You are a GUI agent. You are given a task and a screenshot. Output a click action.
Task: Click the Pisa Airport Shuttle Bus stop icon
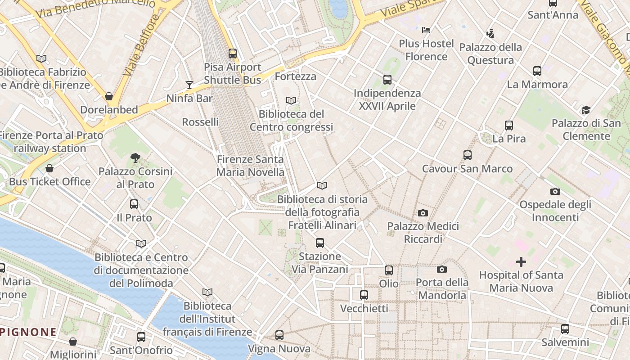coord(232,53)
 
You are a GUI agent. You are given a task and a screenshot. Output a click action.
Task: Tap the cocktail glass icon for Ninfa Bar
coord(189,85)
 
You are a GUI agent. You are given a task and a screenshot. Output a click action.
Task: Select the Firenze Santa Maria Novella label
coord(250,166)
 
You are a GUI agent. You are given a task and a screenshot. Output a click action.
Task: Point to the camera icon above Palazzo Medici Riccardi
coord(423,213)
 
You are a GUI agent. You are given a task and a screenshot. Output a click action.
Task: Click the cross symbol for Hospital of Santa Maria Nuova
coord(521,261)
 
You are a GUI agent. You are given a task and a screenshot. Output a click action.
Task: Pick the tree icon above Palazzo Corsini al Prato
coord(135,157)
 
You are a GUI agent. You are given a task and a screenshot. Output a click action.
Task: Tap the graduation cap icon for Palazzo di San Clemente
coord(586,110)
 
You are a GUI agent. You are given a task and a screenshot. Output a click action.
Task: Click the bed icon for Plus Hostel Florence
coord(426,30)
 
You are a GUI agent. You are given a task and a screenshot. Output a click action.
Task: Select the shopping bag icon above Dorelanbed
coord(108,96)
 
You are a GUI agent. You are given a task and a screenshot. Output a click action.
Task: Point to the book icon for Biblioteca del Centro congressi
coord(291,100)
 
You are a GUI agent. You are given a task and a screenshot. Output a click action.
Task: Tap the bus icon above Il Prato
coord(134,204)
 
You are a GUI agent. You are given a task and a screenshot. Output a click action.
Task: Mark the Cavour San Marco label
coord(467,169)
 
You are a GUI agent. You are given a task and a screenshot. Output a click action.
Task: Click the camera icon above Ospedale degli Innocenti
coord(555,191)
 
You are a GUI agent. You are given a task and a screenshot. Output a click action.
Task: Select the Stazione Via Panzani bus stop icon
coord(320,243)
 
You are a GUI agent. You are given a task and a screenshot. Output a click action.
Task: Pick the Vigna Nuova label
coord(279,349)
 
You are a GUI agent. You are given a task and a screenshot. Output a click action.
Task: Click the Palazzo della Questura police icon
coord(490,33)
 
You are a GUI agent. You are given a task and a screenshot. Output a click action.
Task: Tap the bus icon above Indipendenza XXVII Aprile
coord(387,80)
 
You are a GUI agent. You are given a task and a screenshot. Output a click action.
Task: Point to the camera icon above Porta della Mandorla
coord(442,269)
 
